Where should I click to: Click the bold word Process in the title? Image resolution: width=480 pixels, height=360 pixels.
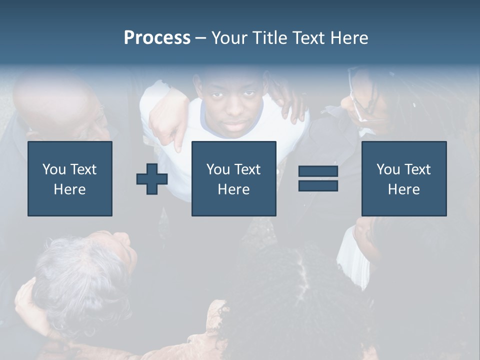pyautogui.click(x=157, y=38)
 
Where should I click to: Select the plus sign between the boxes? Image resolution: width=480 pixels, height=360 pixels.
pyautogui.click(x=152, y=179)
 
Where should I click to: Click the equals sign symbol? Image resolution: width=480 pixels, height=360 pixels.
pyautogui.click(x=318, y=178)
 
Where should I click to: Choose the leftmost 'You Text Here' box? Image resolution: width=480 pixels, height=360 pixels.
pyautogui.click(x=70, y=178)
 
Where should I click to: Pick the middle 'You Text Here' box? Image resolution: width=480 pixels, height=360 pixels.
pyautogui.click(x=233, y=178)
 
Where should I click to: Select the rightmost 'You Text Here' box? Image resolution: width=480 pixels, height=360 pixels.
pyautogui.click(x=403, y=178)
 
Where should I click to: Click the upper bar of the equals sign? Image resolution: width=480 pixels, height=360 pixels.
pyautogui.click(x=318, y=171)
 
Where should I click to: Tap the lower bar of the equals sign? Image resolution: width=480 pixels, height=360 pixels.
pyautogui.click(x=318, y=185)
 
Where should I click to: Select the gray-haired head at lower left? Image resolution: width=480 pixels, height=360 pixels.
pyautogui.click(x=80, y=280)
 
